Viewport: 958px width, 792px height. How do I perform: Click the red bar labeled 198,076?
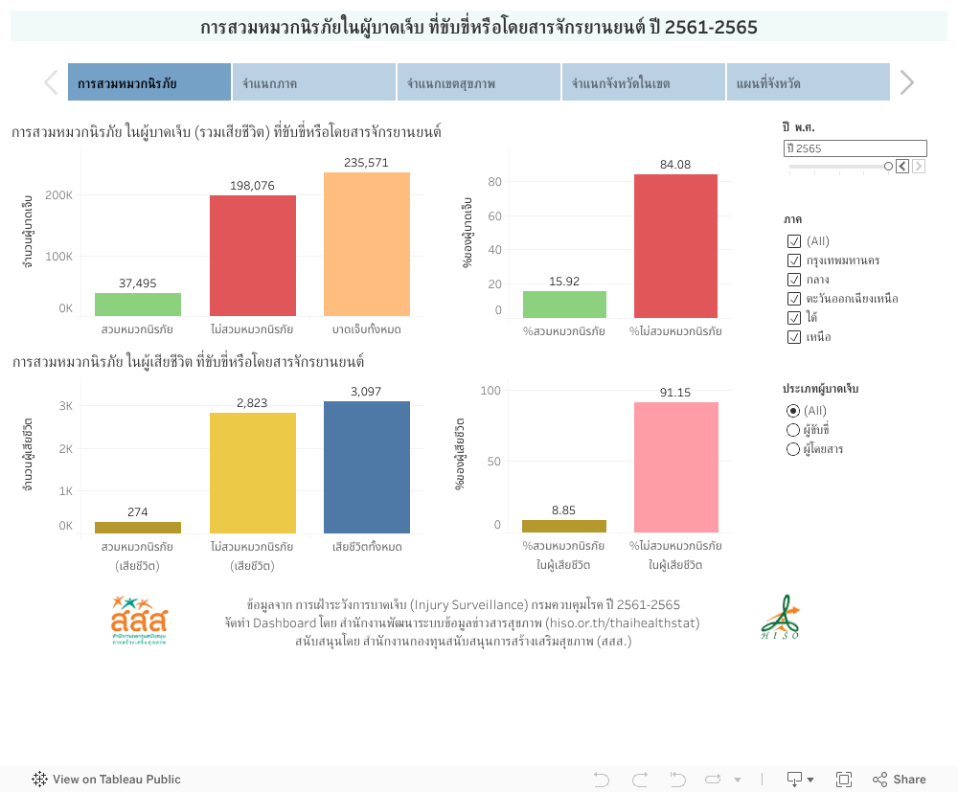point(253,256)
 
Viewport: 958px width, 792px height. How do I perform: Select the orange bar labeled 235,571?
point(367,244)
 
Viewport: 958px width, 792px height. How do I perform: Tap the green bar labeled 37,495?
point(138,305)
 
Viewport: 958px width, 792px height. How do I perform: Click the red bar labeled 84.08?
point(675,246)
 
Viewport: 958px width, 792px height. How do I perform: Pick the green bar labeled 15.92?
point(564,305)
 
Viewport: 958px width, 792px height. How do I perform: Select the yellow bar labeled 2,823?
point(253,473)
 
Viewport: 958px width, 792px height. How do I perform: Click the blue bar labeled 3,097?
point(367,467)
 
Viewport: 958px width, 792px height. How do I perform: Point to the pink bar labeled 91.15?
point(675,467)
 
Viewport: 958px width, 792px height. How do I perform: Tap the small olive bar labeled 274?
point(138,528)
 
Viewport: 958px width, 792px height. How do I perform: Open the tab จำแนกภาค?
point(313,83)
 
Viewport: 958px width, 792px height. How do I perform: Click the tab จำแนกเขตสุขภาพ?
point(478,83)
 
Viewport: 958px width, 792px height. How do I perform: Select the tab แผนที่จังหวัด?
point(808,83)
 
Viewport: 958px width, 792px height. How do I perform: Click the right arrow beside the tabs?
point(906,83)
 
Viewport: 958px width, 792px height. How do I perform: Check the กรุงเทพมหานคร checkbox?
point(793,260)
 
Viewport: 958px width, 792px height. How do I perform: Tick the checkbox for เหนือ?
point(793,337)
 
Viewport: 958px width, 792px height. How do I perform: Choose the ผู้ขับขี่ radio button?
point(792,430)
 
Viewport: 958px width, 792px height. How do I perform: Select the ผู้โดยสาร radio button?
point(792,449)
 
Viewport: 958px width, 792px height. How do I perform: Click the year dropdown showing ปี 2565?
point(855,148)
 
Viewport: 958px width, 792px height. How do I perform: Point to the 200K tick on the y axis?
point(59,195)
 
